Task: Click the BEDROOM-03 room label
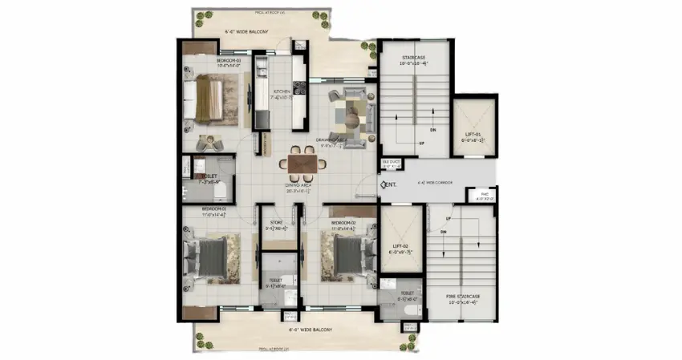pos(212,63)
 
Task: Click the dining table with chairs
pos(302,163)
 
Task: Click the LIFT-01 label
pos(473,136)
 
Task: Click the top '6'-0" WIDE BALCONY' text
pos(246,32)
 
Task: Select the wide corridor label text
pos(433,183)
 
